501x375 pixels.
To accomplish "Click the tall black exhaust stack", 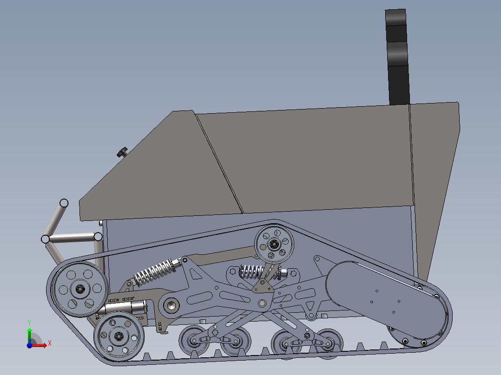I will pyautogui.click(x=397, y=56).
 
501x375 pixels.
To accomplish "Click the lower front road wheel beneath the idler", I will pyautogui.click(x=119, y=335).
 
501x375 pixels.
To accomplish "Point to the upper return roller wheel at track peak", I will pyautogui.click(x=274, y=244).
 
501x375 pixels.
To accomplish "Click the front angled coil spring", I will pyautogui.click(x=153, y=272).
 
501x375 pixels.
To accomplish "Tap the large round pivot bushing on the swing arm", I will pyautogui.click(x=171, y=305).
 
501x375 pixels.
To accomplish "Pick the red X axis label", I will pyautogui.click(x=49, y=343).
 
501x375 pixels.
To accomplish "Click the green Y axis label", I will pyautogui.click(x=29, y=322).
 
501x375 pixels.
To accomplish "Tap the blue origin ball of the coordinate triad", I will pyautogui.click(x=29, y=345).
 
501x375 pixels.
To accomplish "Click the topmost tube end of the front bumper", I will pyautogui.click(x=64, y=203).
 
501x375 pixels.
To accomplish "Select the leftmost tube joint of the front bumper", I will pyautogui.click(x=45, y=239).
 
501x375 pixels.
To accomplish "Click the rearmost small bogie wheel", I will pyautogui.click(x=329, y=343).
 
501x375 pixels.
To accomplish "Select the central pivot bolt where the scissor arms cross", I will pyautogui.click(x=263, y=304).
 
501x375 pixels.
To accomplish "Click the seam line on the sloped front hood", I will pyautogui.click(x=218, y=162).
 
